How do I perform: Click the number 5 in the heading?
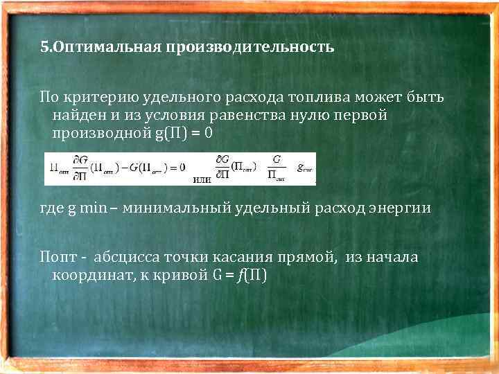coord(44,48)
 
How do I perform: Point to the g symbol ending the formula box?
coord(303,168)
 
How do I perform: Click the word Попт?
coord(55,258)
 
